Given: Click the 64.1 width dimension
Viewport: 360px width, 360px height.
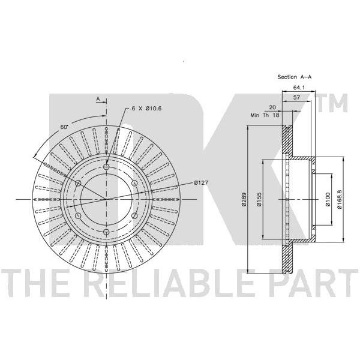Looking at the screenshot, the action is point(298,88).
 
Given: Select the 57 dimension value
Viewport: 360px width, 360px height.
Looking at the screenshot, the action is point(297,97).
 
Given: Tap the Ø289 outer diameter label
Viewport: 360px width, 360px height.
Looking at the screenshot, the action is point(244,199).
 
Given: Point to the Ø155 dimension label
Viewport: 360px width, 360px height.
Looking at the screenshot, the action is point(259,199).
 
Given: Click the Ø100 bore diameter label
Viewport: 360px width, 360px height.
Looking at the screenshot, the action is point(328,199).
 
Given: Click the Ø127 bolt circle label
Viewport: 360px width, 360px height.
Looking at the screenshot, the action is point(201,183).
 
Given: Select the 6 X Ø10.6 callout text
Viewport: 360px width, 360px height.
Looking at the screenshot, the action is point(146,108).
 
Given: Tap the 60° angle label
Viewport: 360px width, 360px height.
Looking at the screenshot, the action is point(64,127).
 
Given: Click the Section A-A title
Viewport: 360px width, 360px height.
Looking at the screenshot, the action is point(295,77).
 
